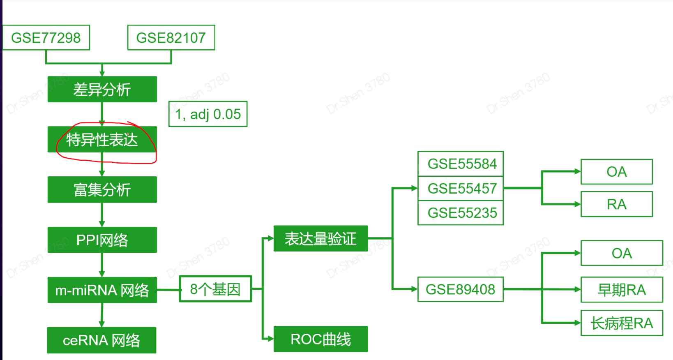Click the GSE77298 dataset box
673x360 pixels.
[x=46, y=38]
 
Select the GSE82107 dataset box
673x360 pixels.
[x=171, y=38]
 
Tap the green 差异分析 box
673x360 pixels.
[x=102, y=89]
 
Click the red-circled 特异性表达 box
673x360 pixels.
[x=102, y=140]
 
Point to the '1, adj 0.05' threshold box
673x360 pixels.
[x=208, y=114]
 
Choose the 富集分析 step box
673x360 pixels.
[x=102, y=189]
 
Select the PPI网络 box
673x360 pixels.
[x=102, y=240]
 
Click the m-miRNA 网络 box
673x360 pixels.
[x=102, y=290]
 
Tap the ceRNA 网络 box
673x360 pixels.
[x=101, y=340]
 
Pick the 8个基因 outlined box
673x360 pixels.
[x=215, y=289]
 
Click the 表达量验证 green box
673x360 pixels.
[x=320, y=238]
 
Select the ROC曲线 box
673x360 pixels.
[x=320, y=339]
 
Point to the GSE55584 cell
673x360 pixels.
[x=461, y=164]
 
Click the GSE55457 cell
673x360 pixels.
[x=461, y=188]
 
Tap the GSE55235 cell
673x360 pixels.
[x=461, y=213]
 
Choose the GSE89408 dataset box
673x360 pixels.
[x=461, y=289]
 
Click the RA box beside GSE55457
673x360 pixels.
[x=616, y=204]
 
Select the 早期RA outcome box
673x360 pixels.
[x=622, y=290]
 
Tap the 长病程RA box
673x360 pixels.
[x=622, y=323]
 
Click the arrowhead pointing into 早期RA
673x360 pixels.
[x=577, y=289]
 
